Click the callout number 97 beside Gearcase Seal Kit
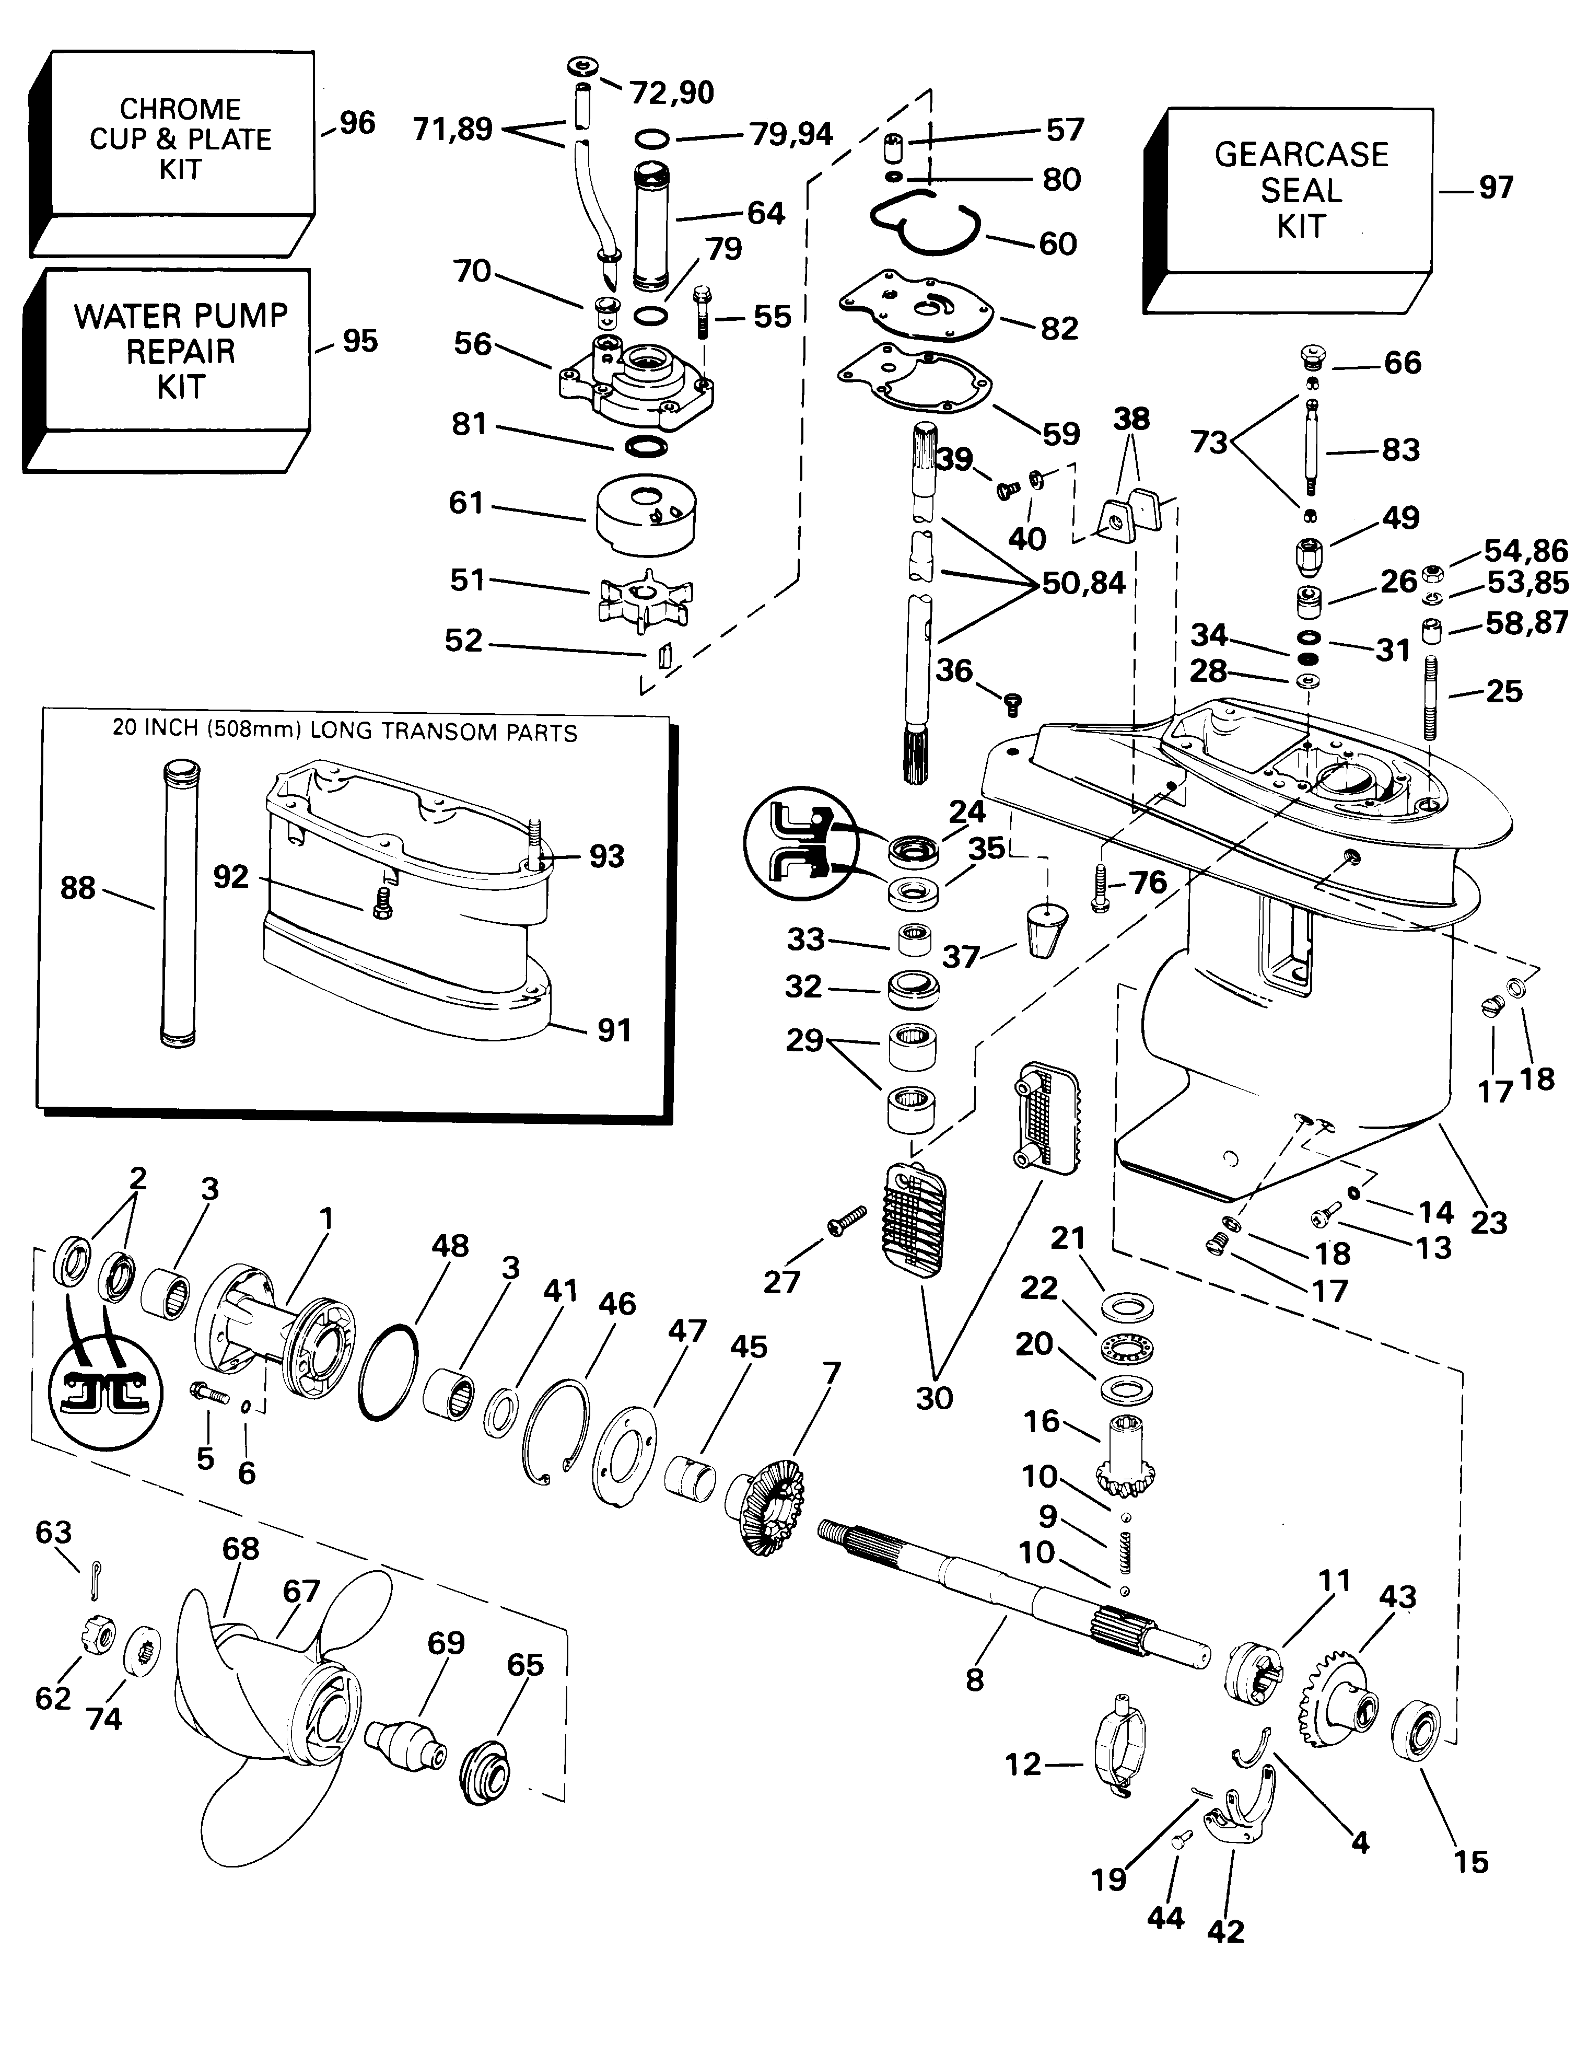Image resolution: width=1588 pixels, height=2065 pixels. (1496, 187)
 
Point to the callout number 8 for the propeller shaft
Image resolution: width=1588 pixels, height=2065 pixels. (975, 1679)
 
